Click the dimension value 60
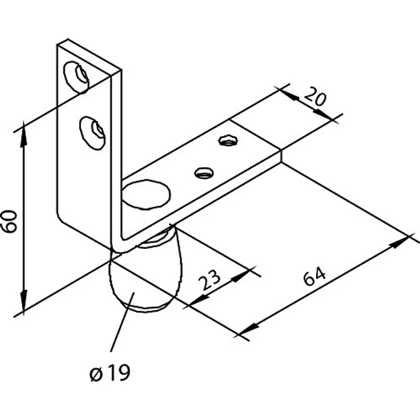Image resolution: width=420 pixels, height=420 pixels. [9, 221]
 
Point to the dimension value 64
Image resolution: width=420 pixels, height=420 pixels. [314, 275]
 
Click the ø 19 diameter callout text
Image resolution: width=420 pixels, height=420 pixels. [110, 372]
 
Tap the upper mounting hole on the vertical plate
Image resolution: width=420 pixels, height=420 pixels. [76, 78]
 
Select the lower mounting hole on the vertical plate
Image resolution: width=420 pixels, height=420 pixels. [92, 133]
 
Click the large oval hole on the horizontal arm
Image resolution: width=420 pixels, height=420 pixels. [146, 194]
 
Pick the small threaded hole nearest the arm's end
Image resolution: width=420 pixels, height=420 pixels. [228, 140]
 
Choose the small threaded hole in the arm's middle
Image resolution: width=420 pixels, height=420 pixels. [204, 173]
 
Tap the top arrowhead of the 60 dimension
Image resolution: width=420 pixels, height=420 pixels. [24, 134]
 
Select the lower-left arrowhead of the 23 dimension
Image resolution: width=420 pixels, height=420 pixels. [199, 300]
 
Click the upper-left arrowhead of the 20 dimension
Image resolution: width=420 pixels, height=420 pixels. [289, 95]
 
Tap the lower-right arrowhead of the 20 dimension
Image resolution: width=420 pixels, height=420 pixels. [323, 115]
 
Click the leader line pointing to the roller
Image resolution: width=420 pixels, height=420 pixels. [122, 322]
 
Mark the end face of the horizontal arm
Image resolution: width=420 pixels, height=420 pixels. [281, 156]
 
